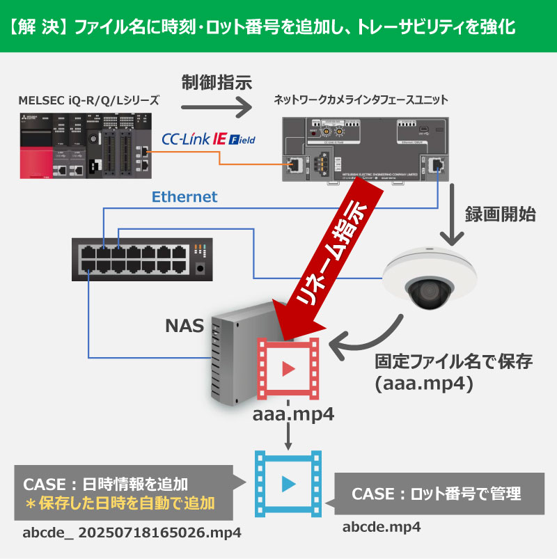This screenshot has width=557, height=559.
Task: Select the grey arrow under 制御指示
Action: coord(216,107)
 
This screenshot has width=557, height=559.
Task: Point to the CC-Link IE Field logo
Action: coord(208,140)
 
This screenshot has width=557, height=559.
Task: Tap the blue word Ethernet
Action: coord(184,197)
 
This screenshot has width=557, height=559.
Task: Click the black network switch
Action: coord(143,258)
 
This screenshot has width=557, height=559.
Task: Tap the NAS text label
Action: coord(183,325)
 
